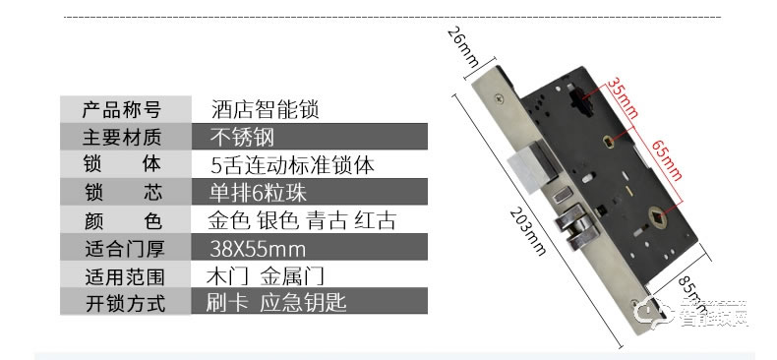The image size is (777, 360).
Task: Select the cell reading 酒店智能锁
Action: [265, 108]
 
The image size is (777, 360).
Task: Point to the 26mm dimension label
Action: [461, 47]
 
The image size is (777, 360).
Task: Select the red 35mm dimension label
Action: [615, 96]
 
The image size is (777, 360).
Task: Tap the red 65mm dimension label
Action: [665, 160]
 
